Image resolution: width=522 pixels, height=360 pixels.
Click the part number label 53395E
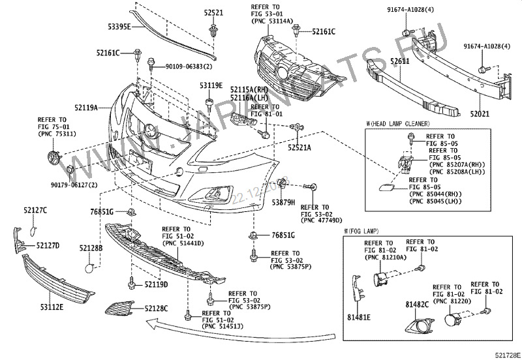[119, 27]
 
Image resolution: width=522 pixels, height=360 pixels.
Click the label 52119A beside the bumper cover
[85, 107]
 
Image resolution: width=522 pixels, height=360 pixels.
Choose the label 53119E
[211, 85]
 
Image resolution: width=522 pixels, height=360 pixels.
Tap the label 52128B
[91, 248]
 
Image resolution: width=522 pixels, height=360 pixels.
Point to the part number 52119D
[156, 284]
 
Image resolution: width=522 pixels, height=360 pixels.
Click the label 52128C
[156, 308]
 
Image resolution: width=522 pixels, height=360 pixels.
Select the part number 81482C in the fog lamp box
[416, 303]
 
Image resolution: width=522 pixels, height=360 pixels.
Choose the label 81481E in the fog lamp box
[358, 317]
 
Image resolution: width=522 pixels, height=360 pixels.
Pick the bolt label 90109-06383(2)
[187, 66]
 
